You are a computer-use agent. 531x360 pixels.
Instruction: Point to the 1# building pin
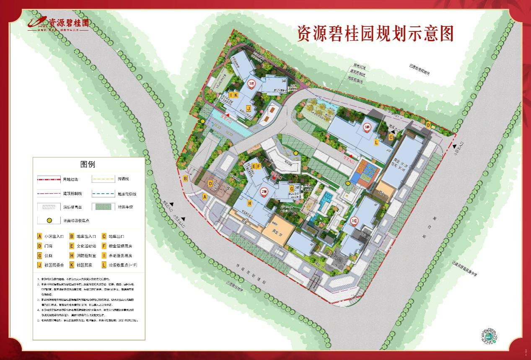[355, 220]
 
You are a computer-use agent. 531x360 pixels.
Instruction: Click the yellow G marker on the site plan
[291, 188]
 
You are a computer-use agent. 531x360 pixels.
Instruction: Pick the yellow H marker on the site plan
[249, 203]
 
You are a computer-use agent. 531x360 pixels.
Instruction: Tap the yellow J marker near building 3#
[249, 109]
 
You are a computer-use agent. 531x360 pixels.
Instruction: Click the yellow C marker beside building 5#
[391, 137]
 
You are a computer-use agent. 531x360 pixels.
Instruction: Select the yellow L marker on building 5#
[376, 142]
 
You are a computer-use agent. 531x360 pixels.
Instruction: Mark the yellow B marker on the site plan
[185, 179]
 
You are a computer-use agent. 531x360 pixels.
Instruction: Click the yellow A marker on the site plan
[205, 196]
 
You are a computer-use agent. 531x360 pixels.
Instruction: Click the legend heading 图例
[88, 164]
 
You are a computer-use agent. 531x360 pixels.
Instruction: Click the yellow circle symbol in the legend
[49, 220]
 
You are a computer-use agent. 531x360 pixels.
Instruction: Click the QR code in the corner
[489, 336]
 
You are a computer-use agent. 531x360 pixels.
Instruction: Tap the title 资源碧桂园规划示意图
[375, 34]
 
